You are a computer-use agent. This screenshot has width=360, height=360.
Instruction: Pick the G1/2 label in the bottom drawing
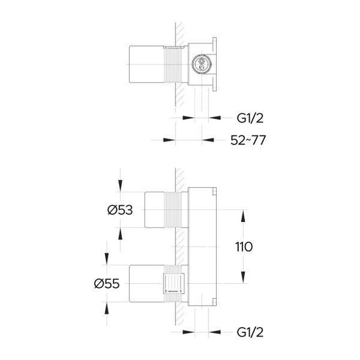249,332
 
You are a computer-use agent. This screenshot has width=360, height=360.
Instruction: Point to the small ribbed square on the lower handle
173,283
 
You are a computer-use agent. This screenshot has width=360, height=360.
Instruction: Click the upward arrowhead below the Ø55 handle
106,307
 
